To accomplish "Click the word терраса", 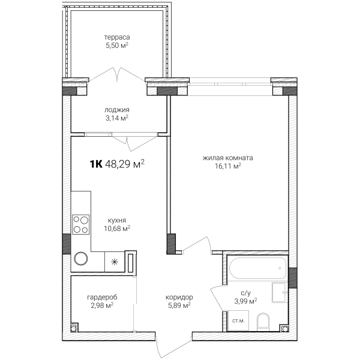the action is (117, 37).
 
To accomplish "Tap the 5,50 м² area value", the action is (117, 46).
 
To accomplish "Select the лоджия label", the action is (117, 110).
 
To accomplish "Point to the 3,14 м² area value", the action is (117, 118).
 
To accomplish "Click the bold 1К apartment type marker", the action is (96, 164).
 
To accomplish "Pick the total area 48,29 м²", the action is (125, 164).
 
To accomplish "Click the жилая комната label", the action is (228, 158).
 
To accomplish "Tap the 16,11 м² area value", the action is (228, 166).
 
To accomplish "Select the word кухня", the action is (117, 220).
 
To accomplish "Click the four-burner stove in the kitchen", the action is (81, 224).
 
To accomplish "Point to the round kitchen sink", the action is (81, 259).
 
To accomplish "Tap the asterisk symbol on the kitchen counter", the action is (115, 262).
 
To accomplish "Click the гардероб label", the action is (102, 298).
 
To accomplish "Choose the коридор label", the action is (179, 298).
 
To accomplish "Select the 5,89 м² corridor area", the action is (179, 305).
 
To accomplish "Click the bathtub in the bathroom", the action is (258, 268).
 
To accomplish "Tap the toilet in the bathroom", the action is (263, 322).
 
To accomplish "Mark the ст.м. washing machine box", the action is (238, 320).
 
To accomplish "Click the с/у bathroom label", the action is (245, 293).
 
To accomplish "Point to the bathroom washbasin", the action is (280, 292).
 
